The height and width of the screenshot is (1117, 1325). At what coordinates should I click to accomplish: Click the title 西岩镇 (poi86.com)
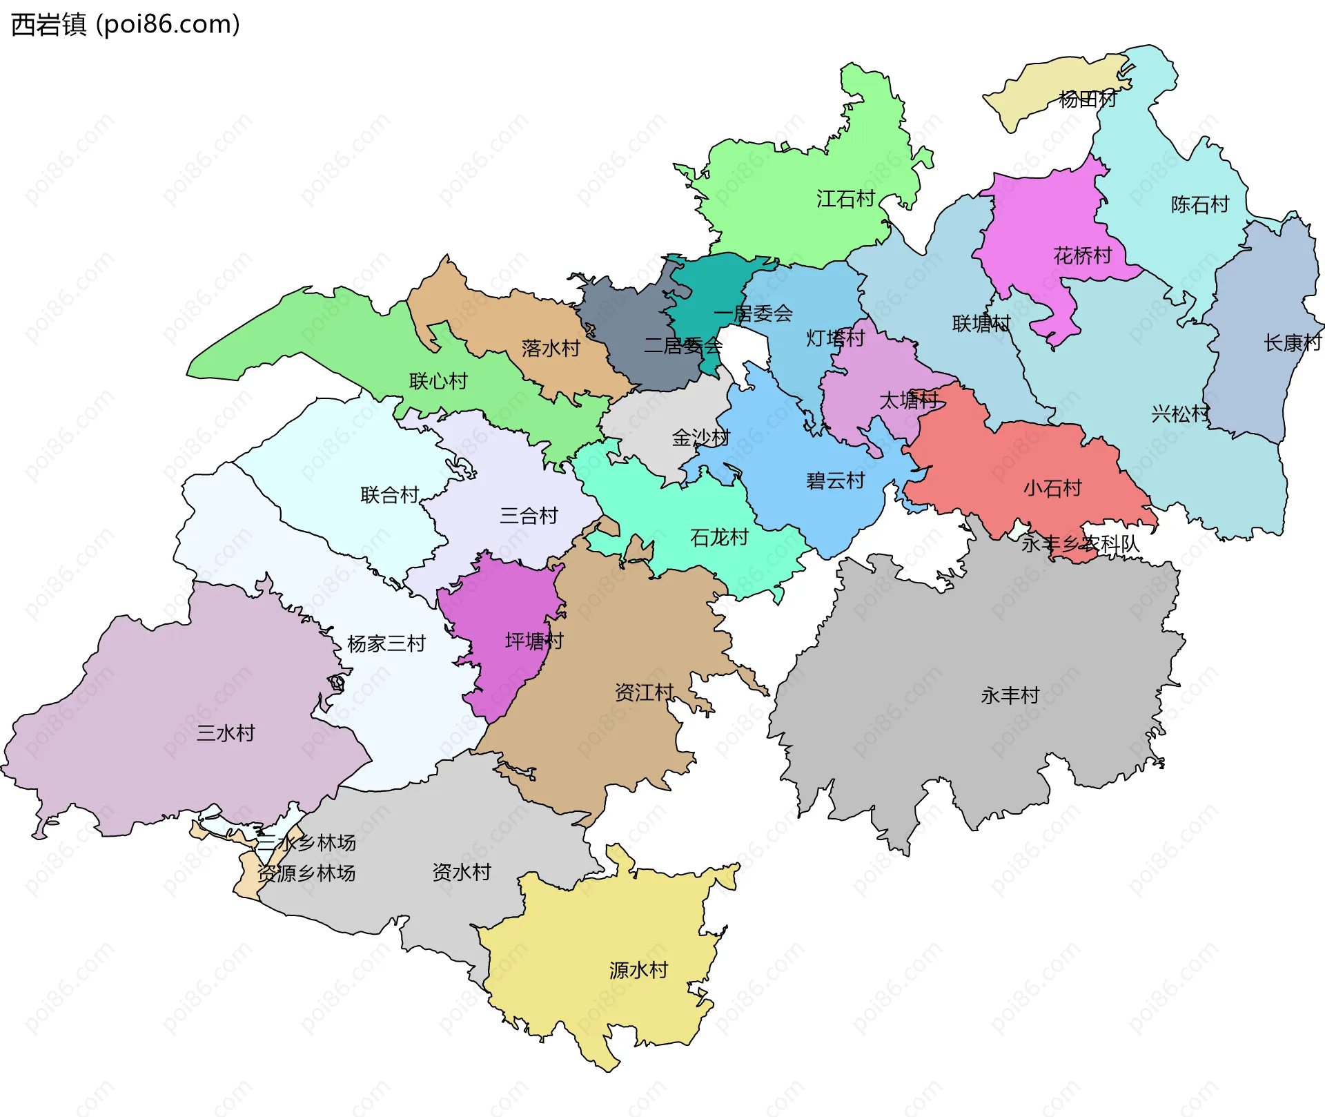126,24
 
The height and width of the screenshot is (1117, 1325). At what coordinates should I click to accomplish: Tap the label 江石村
845,199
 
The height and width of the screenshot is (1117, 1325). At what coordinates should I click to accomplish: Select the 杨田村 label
1088,99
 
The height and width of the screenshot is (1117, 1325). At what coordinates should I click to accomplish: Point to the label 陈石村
1200,204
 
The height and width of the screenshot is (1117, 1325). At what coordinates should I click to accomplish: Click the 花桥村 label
1083,256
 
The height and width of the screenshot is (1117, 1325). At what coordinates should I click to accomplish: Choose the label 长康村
1293,342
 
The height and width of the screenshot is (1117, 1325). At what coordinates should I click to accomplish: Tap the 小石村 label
1052,488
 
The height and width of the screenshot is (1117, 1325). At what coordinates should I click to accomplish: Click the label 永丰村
1010,695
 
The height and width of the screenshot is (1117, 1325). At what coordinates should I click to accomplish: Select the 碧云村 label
836,480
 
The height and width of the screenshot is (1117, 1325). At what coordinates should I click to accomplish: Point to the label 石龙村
719,537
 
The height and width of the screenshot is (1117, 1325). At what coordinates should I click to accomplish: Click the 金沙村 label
700,437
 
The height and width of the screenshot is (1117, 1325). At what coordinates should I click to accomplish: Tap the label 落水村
551,348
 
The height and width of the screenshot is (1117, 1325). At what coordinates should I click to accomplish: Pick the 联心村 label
438,381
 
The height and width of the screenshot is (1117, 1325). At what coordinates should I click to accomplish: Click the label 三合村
529,516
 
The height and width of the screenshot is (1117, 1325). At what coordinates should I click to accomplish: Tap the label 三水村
226,732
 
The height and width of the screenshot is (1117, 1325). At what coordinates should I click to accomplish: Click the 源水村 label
638,970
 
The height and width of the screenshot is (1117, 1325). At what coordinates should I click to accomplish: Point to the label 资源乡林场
306,873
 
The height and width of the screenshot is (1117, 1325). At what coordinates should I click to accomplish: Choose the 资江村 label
644,692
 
